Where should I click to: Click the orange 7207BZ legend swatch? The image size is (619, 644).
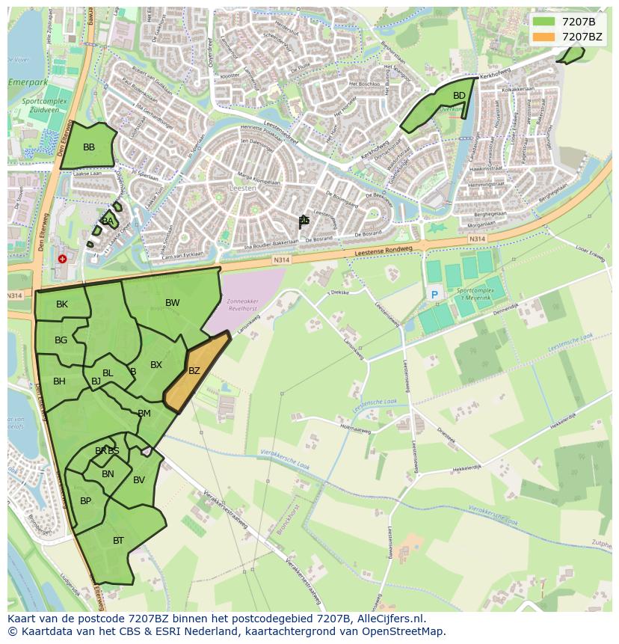544,37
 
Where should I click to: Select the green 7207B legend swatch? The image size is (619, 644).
544,21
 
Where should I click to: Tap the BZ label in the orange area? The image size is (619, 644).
194,371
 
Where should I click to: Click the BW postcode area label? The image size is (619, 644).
173,303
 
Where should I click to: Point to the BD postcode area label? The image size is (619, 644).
459,96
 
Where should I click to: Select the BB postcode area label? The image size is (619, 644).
89,147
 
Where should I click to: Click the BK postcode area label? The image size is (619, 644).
62,304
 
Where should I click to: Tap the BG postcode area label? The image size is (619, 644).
61,340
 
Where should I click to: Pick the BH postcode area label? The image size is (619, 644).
59,381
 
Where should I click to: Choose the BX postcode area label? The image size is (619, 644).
156,366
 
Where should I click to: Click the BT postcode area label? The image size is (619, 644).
118,541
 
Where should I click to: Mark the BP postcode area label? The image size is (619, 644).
85,501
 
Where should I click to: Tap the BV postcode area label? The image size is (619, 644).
139,480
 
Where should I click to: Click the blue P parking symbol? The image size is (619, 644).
434,295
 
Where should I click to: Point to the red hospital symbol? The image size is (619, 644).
62,259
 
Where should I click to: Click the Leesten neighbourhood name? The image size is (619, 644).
244,189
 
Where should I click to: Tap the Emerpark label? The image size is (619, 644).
27,82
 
